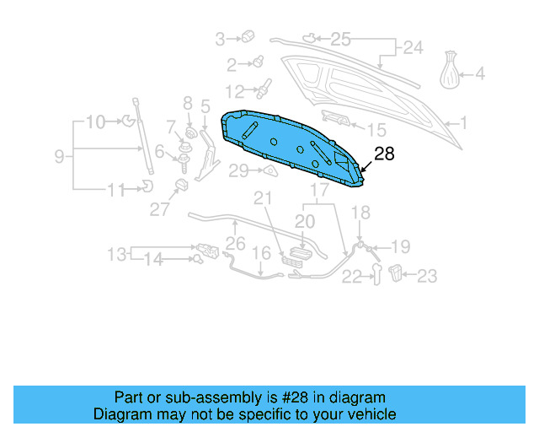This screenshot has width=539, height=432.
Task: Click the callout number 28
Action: coord(384,154)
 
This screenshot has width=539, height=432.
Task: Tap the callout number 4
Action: coord(480,74)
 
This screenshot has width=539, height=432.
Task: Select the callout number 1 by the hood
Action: coord(462,123)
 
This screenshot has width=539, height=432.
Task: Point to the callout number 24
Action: coord(413,48)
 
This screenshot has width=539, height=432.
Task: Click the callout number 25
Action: coord(339,38)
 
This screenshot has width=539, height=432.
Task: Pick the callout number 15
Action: coord(376,130)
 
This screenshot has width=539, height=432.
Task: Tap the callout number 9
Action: coord(60,155)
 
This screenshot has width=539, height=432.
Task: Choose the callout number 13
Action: coord(116,253)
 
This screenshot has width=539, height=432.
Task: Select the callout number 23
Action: coord(427,275)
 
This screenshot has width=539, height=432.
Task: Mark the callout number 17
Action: coord(319,191)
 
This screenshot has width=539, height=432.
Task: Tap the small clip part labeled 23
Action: coord(398,272)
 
